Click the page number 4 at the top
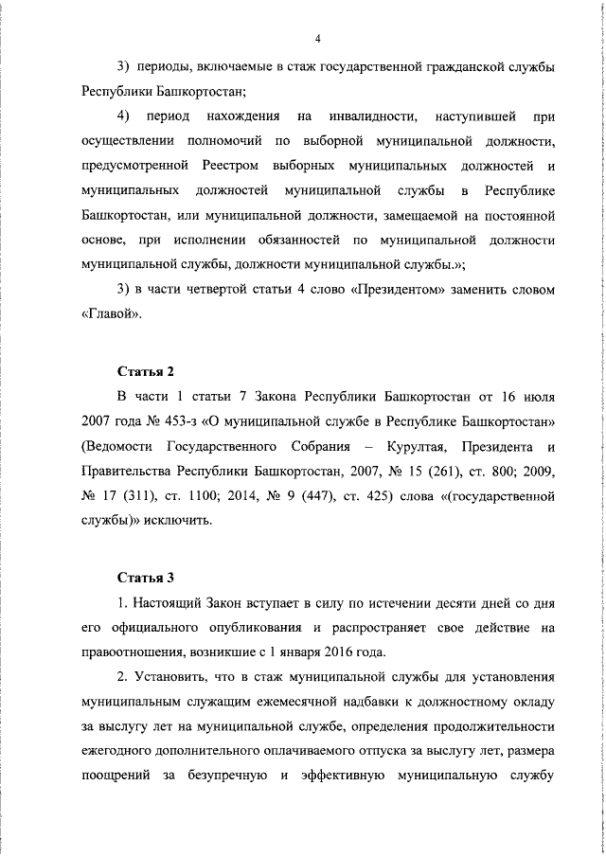pyautogui.click(x=318, y=38)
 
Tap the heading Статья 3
pyautogui.click(x=147, y=577)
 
